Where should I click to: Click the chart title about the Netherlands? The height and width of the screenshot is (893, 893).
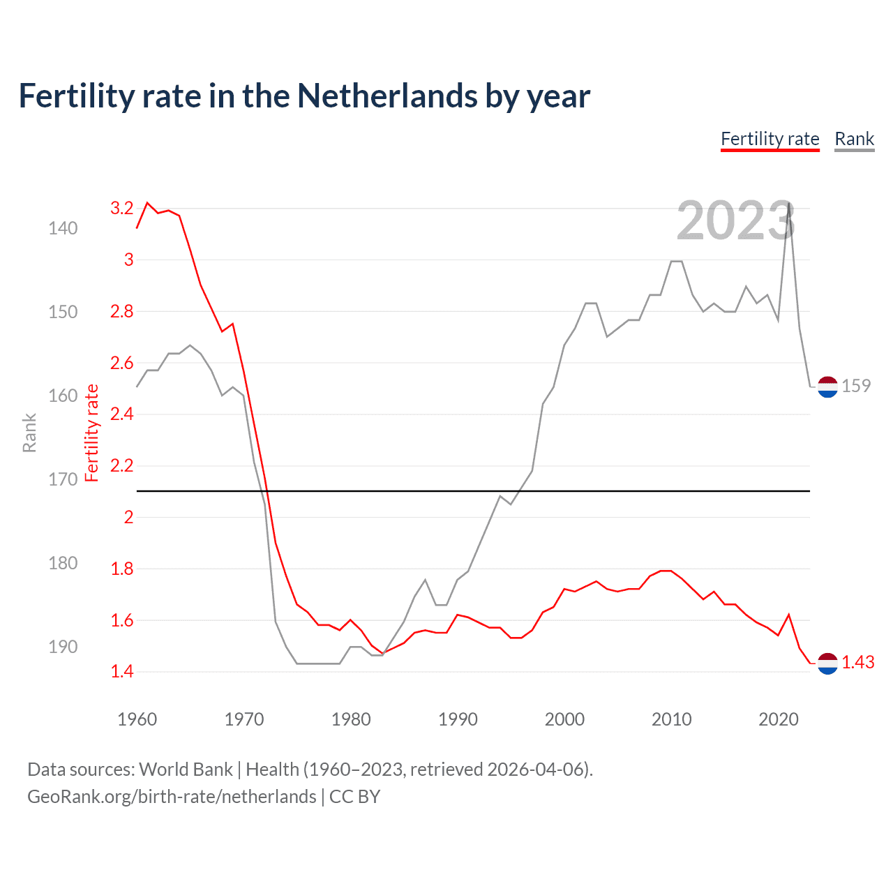[x=304, y=96]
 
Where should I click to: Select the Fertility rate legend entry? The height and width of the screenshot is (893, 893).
[x=770, y=139]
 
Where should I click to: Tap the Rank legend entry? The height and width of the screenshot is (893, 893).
[x=854, y=139]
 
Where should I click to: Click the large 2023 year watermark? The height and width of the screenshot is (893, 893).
[x=735, y=220]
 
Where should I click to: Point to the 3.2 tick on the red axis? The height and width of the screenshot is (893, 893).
[x=121, y=208]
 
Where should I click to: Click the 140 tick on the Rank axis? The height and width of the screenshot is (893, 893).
[x=63, y=228]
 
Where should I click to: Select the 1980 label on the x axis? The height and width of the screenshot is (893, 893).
[x=351, y=719]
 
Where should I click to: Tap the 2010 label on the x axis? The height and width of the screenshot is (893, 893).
[x=671, y=719]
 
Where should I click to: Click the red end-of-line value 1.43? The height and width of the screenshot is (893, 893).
[x=857, y=662]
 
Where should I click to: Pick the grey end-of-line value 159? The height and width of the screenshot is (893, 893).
[x=856, y=386]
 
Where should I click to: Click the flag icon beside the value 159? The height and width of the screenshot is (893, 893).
[x=827, y=387]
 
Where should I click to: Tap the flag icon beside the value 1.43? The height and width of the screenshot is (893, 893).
[x=827, y=663]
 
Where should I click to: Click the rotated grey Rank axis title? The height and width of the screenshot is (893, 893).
[x=29, y=433]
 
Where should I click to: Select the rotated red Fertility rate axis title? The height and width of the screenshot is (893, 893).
[x=91, y=433]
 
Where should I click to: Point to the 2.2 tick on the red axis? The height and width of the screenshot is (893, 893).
[x=121, y=465]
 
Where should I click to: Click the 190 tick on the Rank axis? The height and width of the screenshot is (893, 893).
[x=63, y=647]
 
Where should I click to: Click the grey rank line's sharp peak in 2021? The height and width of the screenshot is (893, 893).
[x=789, y=203]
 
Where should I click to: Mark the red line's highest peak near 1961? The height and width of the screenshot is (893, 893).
[x=147, y=203]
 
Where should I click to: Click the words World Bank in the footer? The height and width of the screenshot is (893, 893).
[x=186, y=770]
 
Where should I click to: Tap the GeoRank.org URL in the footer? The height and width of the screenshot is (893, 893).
[x=172, y=797]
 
